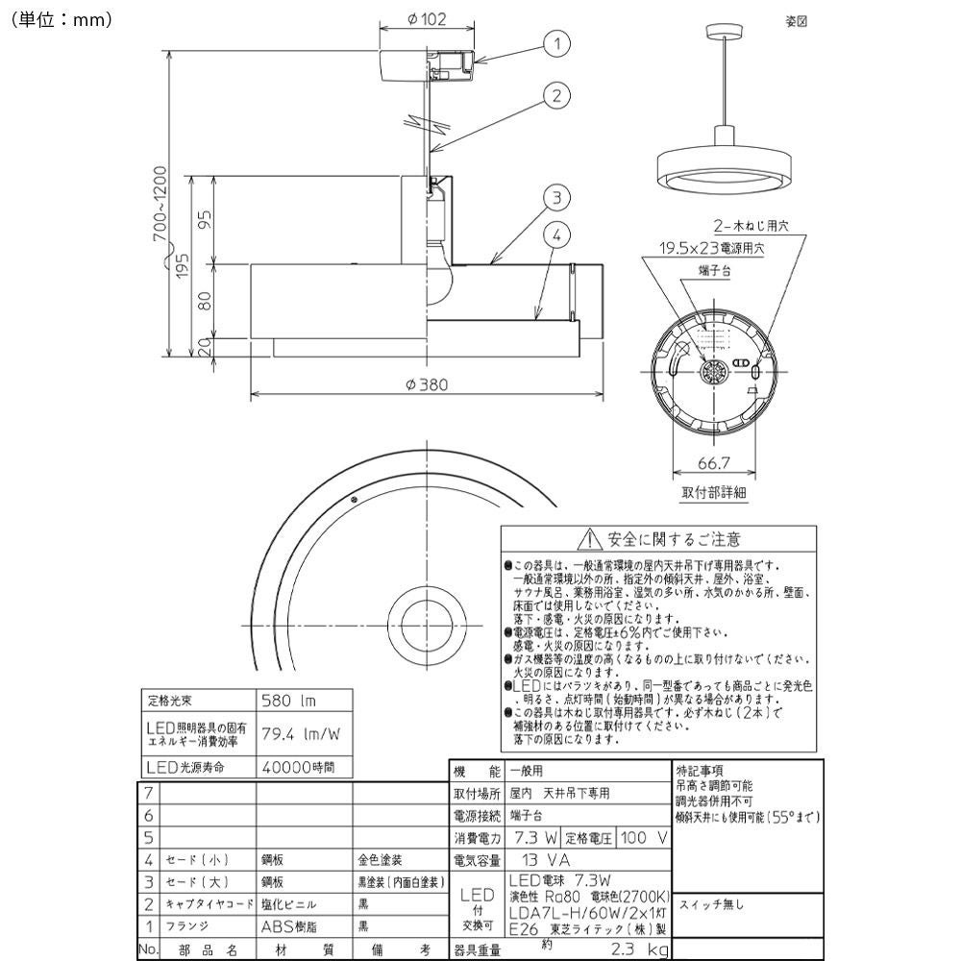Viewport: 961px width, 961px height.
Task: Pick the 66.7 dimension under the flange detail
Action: pos(712,464)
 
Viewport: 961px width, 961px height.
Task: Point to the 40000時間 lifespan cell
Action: pos(298,767)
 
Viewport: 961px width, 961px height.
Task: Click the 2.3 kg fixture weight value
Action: pos(628,949)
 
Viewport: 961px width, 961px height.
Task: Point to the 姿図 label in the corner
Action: pos(797,23)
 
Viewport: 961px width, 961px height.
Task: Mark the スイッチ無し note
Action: pos(712,904)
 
